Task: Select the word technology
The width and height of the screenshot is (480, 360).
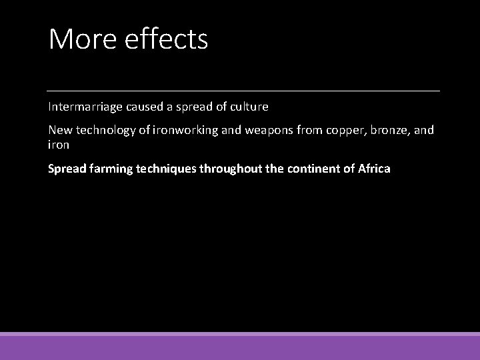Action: (x=100, y=129)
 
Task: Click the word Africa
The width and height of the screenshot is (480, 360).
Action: (x=373, y=169)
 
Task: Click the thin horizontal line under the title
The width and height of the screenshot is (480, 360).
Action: (x=243, y=90)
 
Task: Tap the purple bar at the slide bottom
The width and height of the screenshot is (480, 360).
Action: (x=240, y=347)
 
